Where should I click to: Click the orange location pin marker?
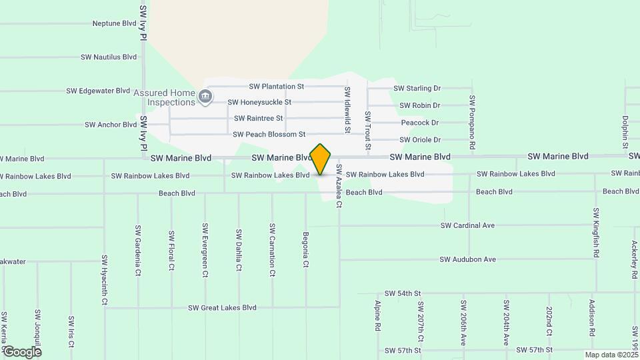pos(321,159)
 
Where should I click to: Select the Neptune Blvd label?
pos(114,23)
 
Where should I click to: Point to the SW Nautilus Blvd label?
pos(109,57)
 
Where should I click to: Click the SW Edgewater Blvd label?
pos(98,91)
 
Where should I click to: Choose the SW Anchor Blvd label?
pos(111,125)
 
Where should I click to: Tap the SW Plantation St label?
pos(276,87)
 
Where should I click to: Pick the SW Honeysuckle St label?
pos(259,103)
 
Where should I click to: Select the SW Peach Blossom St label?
pos(269,135)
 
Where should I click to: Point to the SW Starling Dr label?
pos(417,88)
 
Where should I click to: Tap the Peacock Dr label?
pos(420,123)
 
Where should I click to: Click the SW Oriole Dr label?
pos(420,140)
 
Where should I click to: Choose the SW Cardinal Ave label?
pos(467,225)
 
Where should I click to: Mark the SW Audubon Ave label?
pos(468,259)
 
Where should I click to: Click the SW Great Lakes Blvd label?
pos(222,308)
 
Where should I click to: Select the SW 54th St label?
pos(403,293)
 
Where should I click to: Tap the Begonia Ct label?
pos(305,250)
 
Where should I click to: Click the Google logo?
pos(22,351)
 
